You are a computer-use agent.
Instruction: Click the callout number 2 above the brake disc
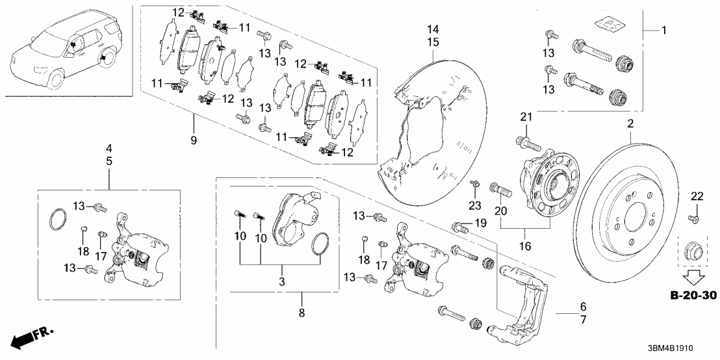coord(630,124)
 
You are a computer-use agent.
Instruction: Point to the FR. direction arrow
coord(31,337)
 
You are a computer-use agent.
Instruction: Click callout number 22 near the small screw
coord(696,197)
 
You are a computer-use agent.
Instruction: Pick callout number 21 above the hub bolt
coord(525,116)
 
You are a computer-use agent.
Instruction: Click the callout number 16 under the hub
coord(524,247)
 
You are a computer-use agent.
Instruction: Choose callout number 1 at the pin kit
coord(663,31)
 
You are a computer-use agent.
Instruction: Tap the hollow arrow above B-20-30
coord(691,278)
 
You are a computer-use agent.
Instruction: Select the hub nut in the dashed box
coord(691,250)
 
